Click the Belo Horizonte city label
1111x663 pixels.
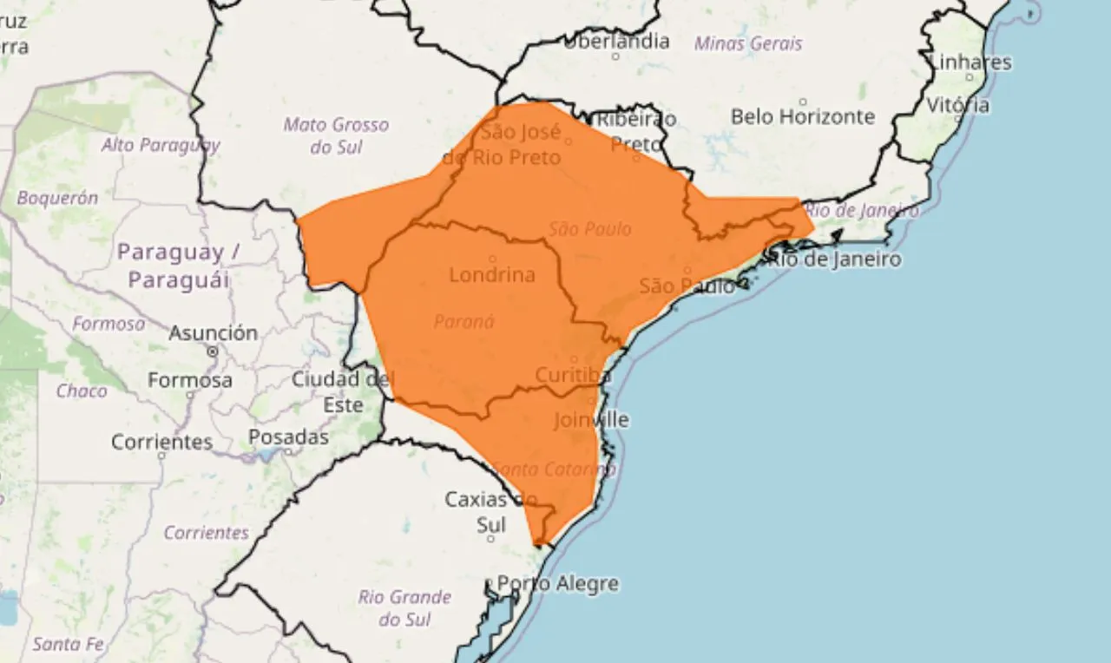[803, 116]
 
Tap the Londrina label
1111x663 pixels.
[492, 275]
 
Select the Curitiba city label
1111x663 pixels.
[574, 375]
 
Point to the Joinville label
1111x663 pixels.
[591, 420]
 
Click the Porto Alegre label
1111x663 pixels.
[557, 583]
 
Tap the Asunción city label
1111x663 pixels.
[213, 333]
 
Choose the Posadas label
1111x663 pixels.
[288, 437]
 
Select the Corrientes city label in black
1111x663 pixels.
[161, 442]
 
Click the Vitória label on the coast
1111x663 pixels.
[957, 105]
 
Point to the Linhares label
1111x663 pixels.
[970, 62]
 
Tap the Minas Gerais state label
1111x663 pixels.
[748, 43]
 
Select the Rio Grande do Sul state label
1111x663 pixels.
[404, 607]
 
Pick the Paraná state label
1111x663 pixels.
[463, 321]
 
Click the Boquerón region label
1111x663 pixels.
[57, 198]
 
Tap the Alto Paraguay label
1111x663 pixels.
[161, 144]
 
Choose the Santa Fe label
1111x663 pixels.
[69, 644]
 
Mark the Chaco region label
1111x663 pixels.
[82, 391]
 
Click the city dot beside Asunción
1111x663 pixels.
[213, 351]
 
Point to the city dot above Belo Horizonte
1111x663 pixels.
[803, 101]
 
